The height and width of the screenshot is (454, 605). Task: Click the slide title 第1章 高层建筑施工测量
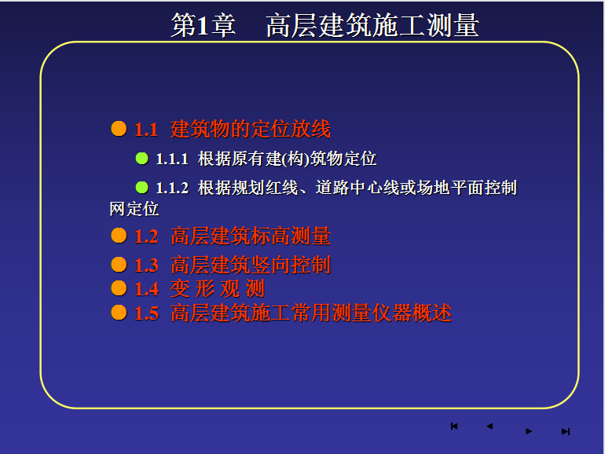coord(324,25)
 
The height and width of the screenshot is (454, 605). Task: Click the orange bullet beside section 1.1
coord(119,129)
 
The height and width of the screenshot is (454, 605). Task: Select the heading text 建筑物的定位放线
coord(251,129)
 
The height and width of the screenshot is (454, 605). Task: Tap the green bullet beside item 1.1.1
coord(142,158)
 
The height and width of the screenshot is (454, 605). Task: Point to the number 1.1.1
coord(172,159)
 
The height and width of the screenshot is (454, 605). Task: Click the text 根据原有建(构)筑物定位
coord(287,159)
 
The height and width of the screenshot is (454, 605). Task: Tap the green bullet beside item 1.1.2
coord(142,188)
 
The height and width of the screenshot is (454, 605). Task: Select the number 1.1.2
coord(172,189)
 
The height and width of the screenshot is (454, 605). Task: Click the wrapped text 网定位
coord(134,209)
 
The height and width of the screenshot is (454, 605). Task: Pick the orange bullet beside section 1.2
coord(119,236)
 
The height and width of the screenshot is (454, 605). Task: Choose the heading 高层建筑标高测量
coord(251,236)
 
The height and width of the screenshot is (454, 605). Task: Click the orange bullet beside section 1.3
coord(119,265)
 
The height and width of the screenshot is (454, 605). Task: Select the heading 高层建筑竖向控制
coord(251,265)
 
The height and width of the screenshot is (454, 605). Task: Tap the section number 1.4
coord(146,289)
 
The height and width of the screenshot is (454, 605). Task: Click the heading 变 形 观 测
coord(217,288)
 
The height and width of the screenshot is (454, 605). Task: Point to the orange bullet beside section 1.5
coord(119,313)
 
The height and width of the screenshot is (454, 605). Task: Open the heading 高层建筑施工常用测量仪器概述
coord(311,313)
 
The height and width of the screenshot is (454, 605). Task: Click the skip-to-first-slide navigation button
coord(454,427)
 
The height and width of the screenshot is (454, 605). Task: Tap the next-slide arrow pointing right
coord(529,431)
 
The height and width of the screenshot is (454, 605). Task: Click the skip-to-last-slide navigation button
coord(566,431)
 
